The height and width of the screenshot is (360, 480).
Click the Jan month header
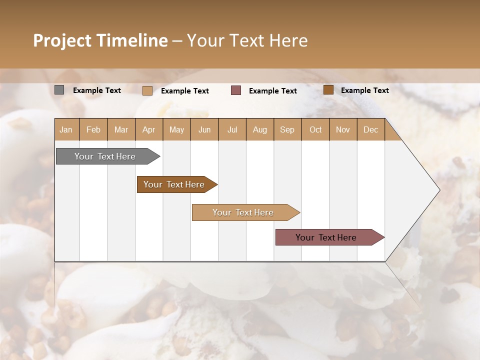pyautogui.click(x=66, y=129)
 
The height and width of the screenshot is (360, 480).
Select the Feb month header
pyautogui.click(x=93, y=129)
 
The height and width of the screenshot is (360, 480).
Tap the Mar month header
pyautogui.click(x=121, y=129)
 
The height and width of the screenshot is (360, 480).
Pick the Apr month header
pyautogui.click(x=149, y=129)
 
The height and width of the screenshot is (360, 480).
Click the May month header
pyautogui.click(x=176, y=129)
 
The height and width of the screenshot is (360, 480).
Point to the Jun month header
pyautogui.click(x=204, y=129)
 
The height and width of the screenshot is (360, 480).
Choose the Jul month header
pyautogui.click(x=232, y=129)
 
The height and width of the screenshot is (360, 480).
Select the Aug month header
pyautogui.click(x=260, y=129)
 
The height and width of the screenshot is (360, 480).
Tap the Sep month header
pyautogui.click(x=287, y=129)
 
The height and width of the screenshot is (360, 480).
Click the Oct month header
pyautogui.click(x=315, y=129)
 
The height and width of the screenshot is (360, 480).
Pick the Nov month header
pyautogui.click(x=343, y=129)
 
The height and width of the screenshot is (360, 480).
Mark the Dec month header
pyautogui.click(x=370, y=129)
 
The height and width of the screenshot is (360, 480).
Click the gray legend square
pyautogui.click(x=59, y=90)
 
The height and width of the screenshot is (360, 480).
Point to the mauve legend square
pyautogui.click(x=236, y=90)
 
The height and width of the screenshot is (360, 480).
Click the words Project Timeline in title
pyautogui.click(x=100, y=40)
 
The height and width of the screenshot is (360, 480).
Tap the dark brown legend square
pyautogui.click(x=328, y=90)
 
